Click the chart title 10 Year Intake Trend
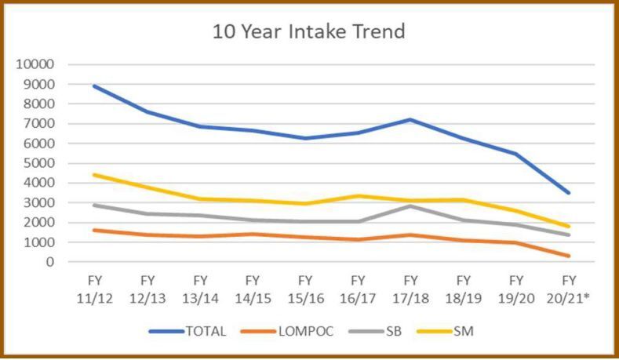[x=308, y=33]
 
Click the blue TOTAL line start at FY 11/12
[x=94, y=86]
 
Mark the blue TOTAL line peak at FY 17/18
[x=410, y=119]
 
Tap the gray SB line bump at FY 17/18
[x=410, y=205]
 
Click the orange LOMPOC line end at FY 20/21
[x=569, y=256]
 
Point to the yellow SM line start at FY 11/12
[x=94, y=175]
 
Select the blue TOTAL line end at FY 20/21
[x=569, y=193]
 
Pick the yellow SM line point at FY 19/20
[x=516, y=210]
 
